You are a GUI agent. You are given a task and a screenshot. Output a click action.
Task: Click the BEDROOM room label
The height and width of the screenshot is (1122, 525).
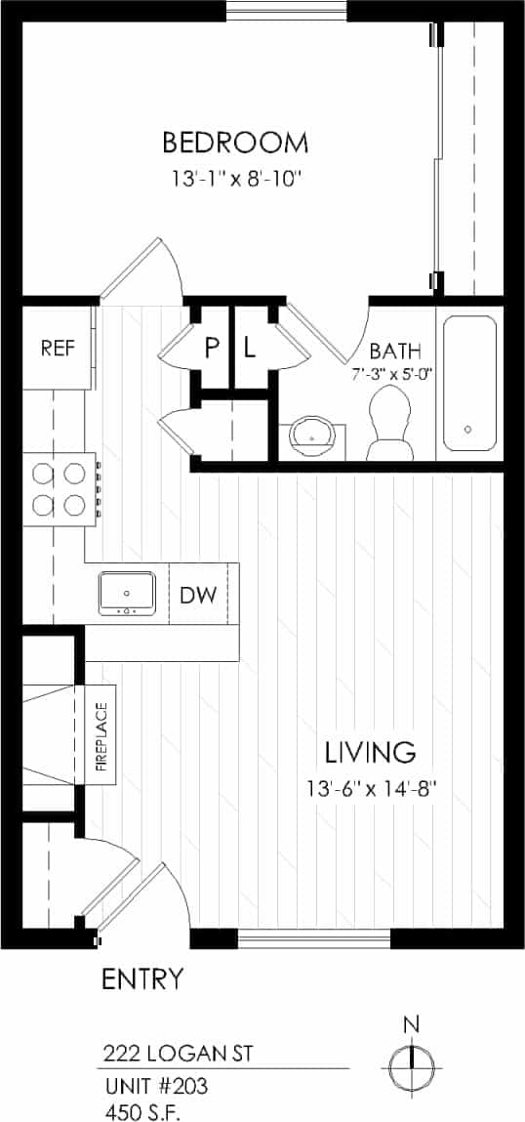[x=235, y=144]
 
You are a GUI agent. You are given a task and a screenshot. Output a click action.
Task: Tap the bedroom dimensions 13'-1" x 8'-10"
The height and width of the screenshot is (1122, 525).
[x=235, y=180]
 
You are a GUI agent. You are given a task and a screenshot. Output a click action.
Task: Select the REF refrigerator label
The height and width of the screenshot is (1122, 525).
[x=57, y=348]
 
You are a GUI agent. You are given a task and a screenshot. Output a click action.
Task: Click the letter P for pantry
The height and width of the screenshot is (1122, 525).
[x=211, y=348]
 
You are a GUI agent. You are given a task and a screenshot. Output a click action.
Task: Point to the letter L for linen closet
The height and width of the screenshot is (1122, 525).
[x=249, y=348]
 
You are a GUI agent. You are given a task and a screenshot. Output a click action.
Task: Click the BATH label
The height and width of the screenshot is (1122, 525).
[x=395, y=351]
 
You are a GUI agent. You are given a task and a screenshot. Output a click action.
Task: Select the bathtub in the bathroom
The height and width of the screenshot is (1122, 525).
[x=469, y=383]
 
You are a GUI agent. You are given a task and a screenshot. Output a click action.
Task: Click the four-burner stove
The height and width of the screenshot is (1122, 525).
[x=58, y=489]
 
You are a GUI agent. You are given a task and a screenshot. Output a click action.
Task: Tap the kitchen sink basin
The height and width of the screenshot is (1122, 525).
[x=127, y=593]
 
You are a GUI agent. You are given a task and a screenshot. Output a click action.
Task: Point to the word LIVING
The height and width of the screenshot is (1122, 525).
[x=370, y=752]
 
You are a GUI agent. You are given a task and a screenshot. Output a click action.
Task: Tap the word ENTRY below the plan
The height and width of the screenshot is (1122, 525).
[x=141, y=978]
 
